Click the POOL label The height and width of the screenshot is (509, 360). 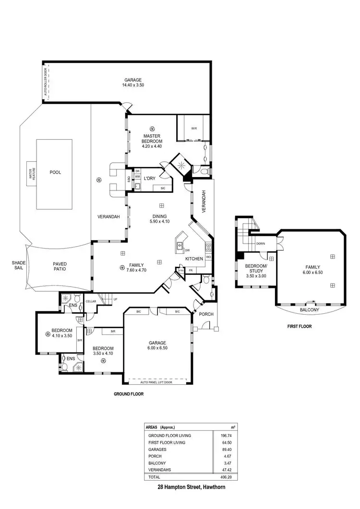(55, 172)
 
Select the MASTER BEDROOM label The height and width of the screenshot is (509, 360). (152, 139)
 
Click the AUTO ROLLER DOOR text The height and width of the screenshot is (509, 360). (46, 83)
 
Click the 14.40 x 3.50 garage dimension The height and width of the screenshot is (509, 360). (133, 85)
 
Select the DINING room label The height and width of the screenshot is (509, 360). (160, 216)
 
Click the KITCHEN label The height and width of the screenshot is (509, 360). (194, 259)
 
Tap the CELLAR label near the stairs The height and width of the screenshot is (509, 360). (91, 301)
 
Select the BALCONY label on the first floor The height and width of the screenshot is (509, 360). (309, 310)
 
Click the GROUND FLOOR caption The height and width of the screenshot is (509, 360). (128, 394)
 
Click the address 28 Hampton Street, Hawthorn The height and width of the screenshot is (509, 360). (191, 486)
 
